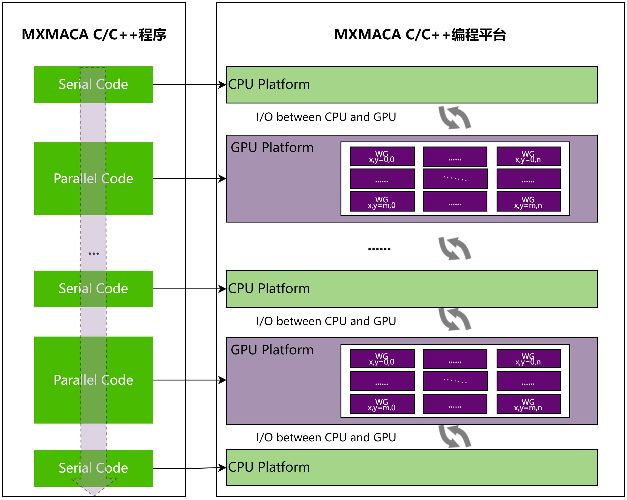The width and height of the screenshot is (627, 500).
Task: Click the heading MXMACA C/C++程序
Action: click(94, 35)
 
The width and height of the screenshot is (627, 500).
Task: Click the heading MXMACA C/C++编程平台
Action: click(420, 35)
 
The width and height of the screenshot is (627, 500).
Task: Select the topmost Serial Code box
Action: click(94, 85)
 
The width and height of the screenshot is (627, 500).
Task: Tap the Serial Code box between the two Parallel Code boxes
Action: click(94, 289)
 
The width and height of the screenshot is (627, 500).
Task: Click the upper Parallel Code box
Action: click(94, 179)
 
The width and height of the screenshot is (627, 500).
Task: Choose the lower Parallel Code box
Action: click(94, 380)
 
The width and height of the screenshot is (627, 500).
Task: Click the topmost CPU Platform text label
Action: click(269, 84)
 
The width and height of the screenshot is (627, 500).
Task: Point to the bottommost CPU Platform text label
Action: click(269, 467)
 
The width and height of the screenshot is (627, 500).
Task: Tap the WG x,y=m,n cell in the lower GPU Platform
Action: click(528, 404)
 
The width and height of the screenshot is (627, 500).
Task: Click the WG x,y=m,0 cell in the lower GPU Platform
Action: click(382, 404)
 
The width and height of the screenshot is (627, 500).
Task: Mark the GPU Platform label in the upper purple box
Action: click(272, 147)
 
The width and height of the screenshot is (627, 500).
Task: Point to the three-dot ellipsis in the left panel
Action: click(94, 254)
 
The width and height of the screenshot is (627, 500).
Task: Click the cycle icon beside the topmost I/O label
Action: click(454, 117)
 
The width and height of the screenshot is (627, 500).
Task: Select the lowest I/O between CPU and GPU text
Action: click(326, 437)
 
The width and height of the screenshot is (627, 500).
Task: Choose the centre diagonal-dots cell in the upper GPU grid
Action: click(455, 179)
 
